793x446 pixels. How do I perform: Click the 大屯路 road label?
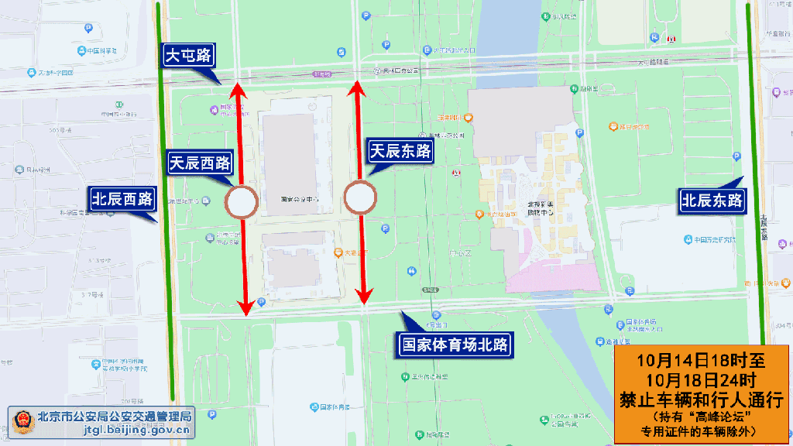pos(189,56)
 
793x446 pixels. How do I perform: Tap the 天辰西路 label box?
pos(200,163)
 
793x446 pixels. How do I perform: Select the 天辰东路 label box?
pos(400,151)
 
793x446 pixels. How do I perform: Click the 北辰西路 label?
pos(122,198)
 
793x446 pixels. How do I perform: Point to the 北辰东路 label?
pos(712,201)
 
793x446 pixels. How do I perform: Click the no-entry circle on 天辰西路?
pos(241,203)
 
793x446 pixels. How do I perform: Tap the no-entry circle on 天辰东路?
pos(359,197)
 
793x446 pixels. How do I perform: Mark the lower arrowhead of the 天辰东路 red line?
pos(363,296)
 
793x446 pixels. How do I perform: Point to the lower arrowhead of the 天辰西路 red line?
pos(245,307)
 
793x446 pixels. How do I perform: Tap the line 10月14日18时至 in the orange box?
pos(701,362)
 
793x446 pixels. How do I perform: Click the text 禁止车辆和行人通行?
pos(701,399)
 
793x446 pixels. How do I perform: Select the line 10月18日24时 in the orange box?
pos(701,380)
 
